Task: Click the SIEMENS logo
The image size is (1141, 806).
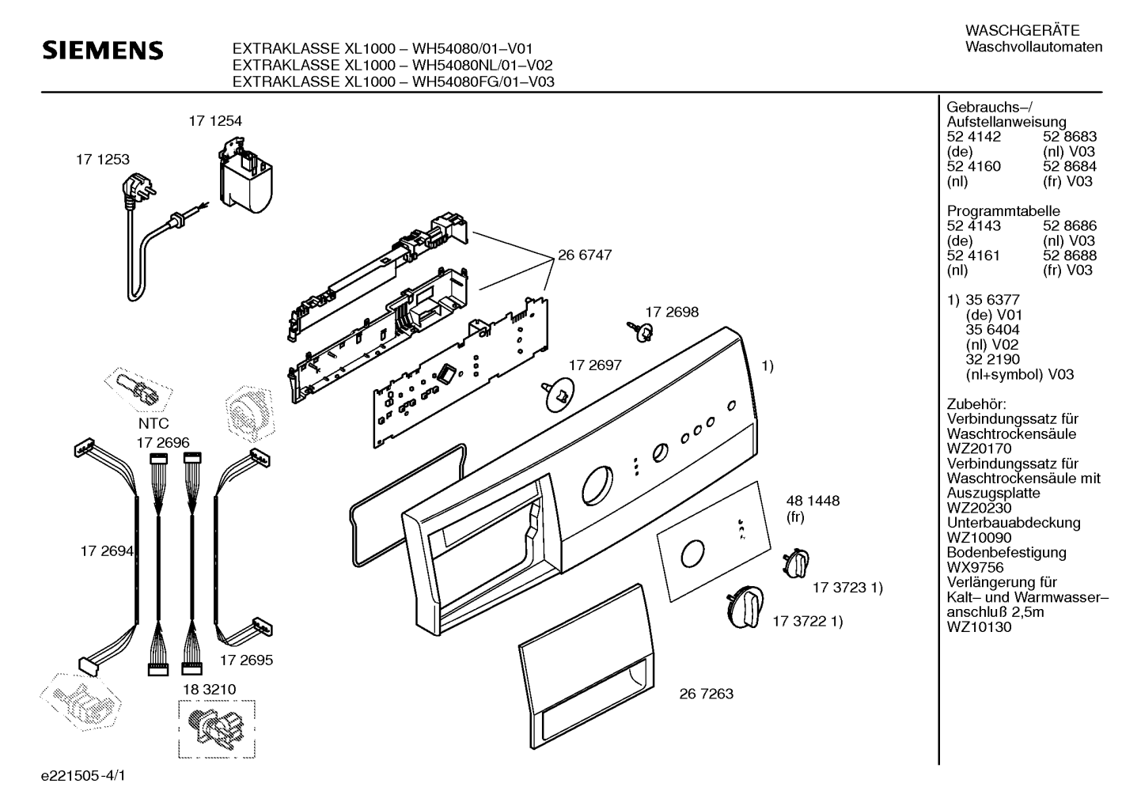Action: pos(102,51)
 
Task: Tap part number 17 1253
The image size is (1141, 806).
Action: pos(103,159)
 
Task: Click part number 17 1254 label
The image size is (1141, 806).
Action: pos(215,121)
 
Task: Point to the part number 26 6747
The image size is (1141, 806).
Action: pos(584,255)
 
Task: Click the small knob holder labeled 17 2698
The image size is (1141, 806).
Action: pos(642,330)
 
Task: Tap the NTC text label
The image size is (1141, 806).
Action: pos(154,424)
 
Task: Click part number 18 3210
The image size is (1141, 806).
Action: pos(210,690)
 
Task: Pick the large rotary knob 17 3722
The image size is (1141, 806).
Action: pos(745,607)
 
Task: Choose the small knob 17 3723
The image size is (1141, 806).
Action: pos(796,564)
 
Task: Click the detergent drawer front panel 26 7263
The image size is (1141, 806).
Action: pos(586,666)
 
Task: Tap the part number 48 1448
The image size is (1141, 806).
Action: pos(813,501)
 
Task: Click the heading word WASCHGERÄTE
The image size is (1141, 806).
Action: pos(1022,30)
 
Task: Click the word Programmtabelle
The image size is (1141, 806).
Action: pos(1003,211)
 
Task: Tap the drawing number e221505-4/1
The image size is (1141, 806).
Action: pos(83,775)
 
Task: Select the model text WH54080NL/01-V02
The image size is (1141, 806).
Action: pos(482,65)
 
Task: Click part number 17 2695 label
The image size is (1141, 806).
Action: pos(246,660)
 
